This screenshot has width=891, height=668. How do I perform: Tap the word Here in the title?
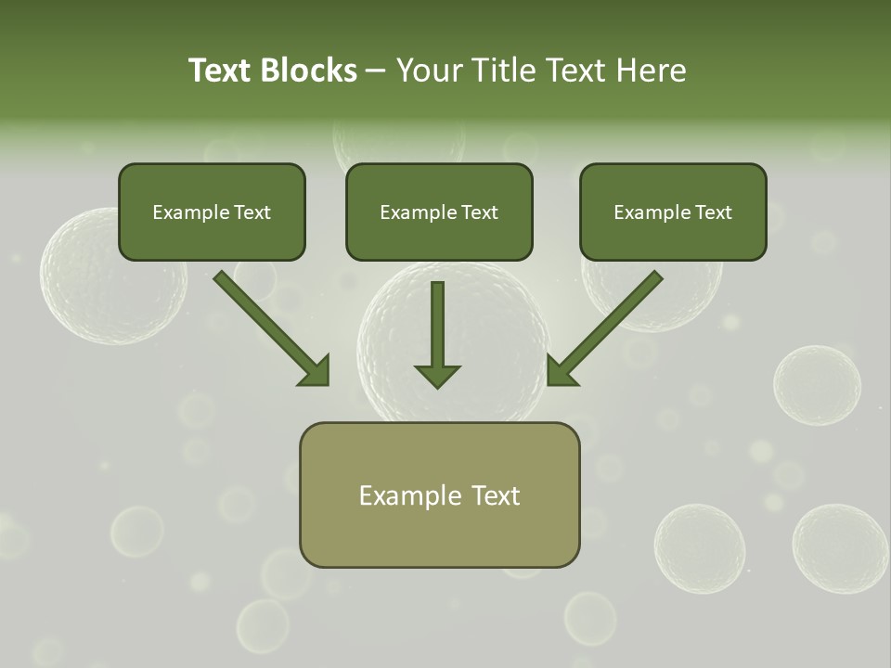[649, 71]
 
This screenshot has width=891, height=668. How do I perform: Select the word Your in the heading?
[430, 71]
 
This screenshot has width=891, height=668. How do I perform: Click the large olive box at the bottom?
[439, 533]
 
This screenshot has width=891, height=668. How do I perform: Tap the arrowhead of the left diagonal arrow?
[316, 371]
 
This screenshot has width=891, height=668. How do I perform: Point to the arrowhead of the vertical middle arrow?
[437, 376]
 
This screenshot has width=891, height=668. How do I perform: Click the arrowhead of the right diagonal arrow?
[561, 371]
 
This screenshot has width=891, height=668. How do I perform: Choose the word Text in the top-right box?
[714, 212]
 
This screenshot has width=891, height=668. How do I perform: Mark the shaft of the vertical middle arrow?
[437, 320]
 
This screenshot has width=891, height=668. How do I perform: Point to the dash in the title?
[376, 71]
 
